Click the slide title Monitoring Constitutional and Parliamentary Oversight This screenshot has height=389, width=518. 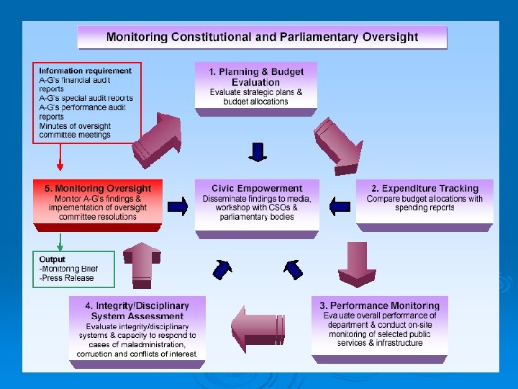coord(262,37)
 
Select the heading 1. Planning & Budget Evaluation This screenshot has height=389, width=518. coord(256,77)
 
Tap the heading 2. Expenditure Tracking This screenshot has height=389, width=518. coord(424,188)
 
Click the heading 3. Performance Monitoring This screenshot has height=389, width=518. coord(379,305)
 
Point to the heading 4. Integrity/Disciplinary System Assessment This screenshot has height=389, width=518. coord(137,310)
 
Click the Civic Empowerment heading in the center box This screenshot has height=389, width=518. coord(257,188)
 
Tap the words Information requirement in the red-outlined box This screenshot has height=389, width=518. coord(85,71)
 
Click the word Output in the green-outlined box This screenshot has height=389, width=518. coord(52,259)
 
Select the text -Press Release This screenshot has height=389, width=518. coord(66,278)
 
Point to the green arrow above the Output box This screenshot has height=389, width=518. coord(60,240)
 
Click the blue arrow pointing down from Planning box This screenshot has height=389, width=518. coord(257,152)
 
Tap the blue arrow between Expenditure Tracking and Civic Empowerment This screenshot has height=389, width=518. coord(338,207)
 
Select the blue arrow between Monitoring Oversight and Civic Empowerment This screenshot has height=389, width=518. coord(178,207)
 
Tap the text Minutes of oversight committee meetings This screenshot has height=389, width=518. coord(75,130)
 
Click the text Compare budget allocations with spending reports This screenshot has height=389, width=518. coord(424,203)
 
